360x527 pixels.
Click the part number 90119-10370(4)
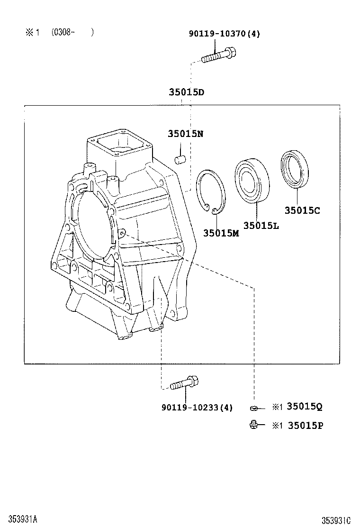coord(224,33)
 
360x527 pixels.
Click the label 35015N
coord(185,134)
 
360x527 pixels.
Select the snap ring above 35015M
coord(211,191)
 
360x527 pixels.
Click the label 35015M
coord(221,233)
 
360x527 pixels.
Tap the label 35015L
coord(261,226)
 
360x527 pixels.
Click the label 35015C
coord(302,210)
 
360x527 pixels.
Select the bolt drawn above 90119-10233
coord(183,383)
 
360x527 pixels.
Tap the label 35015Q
coord(305,407)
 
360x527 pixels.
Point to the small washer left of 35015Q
coord(254,408)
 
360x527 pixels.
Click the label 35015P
coord(305,426)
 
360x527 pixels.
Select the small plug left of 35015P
coord(254,425)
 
